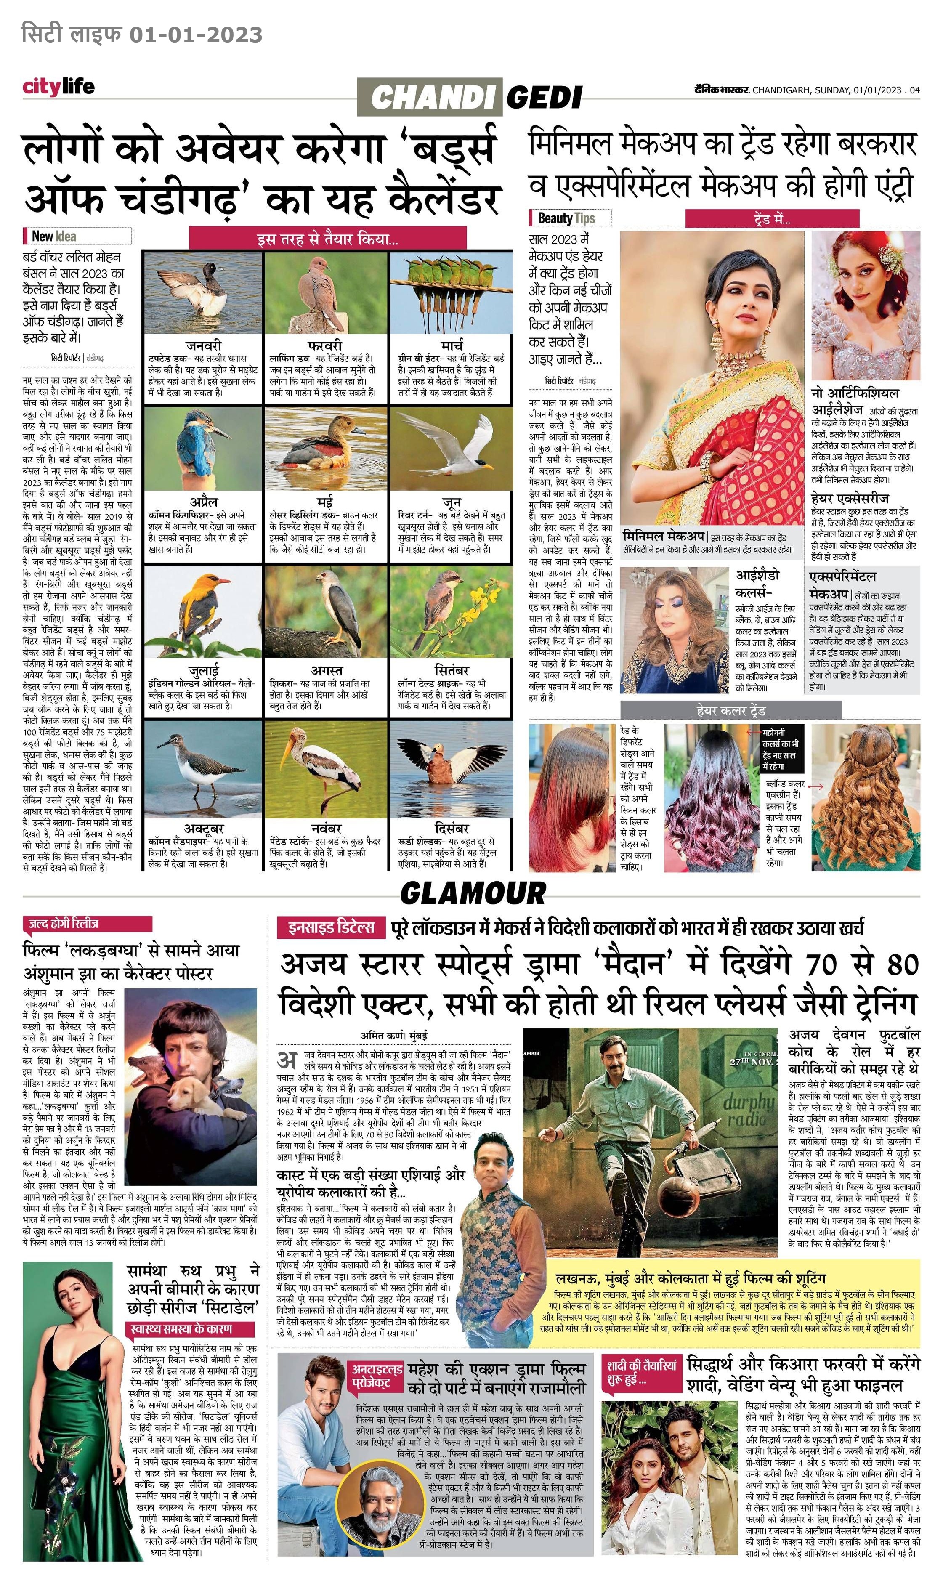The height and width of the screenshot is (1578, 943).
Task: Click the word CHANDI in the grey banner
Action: coord(431,97)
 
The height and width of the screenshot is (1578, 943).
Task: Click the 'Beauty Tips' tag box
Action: coord(570,218)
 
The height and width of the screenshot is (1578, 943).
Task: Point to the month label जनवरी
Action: coord(203,345)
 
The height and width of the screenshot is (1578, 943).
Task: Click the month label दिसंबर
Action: coord(452,829)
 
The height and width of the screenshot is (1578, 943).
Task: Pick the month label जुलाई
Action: coord(203,671)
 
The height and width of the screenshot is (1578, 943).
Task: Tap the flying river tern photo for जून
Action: coord(451,448)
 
